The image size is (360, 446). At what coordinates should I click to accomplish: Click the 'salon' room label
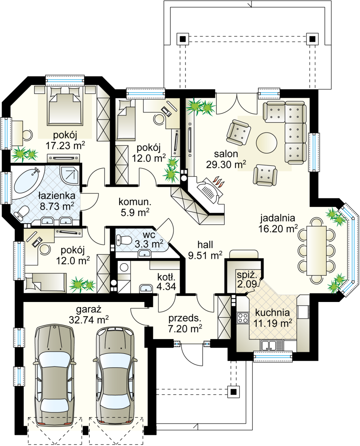[226, 154]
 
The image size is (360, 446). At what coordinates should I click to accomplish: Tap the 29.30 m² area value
[226, 164]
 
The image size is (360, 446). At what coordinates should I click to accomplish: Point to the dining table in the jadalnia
[316, 250]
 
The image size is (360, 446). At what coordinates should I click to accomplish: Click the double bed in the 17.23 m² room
[64, 105]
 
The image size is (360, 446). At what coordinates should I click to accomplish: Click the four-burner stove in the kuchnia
[243, 317]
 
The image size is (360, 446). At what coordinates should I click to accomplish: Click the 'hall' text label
[205, 245]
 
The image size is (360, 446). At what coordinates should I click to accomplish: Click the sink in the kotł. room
[146, 288]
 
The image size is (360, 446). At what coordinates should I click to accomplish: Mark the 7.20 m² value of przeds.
[185, 329]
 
